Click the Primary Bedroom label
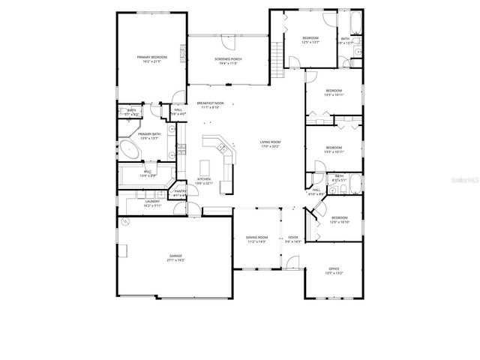click(x=151, y=58)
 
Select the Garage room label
click(x=175, y=256)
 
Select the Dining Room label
click(x=257, y=238)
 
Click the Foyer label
click(x=292, y=238)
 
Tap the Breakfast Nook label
click(x=210, y=103)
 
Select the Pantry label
click(x=180, y=191)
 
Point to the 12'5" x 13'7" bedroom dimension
click(x=310, y=42)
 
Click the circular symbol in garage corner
click(x=125, y=222)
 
